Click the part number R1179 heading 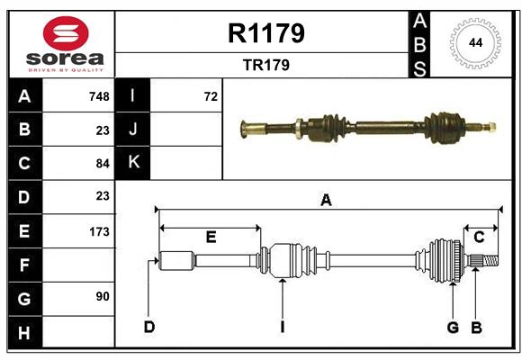tap(267, 33)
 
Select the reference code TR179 tap(267, 65)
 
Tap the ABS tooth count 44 tap(472, 42)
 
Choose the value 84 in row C tap(102, 163)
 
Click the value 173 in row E tap(99, 231)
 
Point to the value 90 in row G tap(102, 296)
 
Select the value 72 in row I tap(211, 96)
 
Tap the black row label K tap(133, 163)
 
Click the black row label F tap(24, 265)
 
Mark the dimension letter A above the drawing tap(326, 201)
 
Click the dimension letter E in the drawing tap(211, 237)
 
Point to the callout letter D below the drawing tap(148, 327)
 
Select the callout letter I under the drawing tap(282, 327)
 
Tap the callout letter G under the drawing tap(453, 327)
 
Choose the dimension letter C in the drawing tap(479, 237)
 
